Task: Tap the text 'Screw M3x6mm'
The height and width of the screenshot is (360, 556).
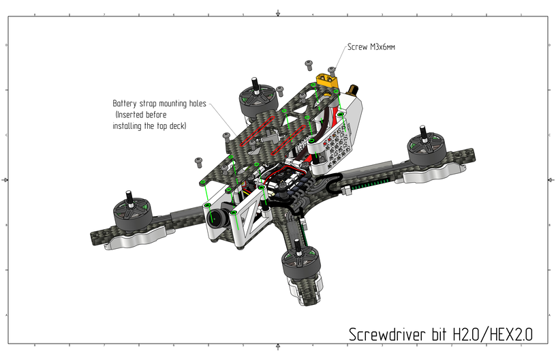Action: pos(371,48)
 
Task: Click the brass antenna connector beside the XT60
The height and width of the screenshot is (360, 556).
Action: pos(354,91)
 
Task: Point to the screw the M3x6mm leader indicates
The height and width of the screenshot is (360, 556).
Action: pos(332,70)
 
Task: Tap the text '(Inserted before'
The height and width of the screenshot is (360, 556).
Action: pos(140,115)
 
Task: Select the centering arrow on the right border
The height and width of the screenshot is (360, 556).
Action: pos(550,179)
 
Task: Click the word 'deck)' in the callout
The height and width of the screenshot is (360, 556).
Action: pos(176,127)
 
